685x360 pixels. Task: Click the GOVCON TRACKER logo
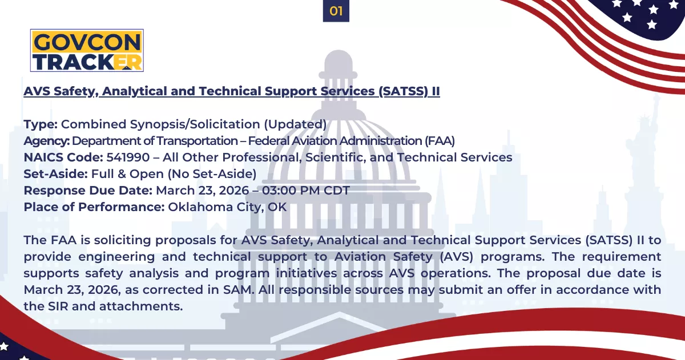coord(87,50)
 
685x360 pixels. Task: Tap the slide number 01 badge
coord(336,11)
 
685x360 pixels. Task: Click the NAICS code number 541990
coord(128,157)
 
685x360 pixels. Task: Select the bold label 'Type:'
coord(41,125)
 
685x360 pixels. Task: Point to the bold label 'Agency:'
coord(47,141)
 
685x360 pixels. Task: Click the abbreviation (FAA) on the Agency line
coord(440,141)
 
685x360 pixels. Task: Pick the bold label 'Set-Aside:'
coord(56,174)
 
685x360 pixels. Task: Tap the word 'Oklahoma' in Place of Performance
coord(200,207)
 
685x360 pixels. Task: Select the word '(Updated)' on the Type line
coord(295,124)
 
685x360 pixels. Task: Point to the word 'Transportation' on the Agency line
coord(198,141)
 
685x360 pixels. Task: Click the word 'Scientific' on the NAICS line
coord(336,157)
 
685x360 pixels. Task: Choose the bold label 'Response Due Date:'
coord(88,191)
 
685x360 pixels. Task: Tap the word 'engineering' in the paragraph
coord(116,257)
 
